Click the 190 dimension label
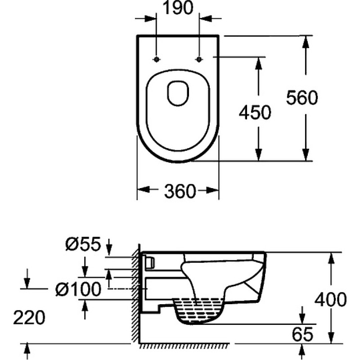click(x=178, y=8)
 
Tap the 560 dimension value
click(x=302, y=98)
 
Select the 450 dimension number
click(x=255, y=112)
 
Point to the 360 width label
click(x=180, y=191)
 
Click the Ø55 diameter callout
click(x=83, y=243)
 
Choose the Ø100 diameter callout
click(x=78, y=289)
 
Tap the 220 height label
click(x=29, y=318)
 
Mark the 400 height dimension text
click(x=330, y=300)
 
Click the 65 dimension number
click(x=302, y=334)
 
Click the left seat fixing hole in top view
click(x=156, y=59)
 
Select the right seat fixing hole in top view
click(x=199, y=59)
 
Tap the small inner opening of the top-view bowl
click(x=178, y=93)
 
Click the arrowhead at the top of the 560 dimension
click(x=306, y=42)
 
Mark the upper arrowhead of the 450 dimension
click(x=259, y=63)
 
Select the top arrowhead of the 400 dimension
click(x=331, y=258)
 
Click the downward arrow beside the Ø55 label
click(x=109, y=247)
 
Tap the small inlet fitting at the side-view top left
click(x=150, y=262)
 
